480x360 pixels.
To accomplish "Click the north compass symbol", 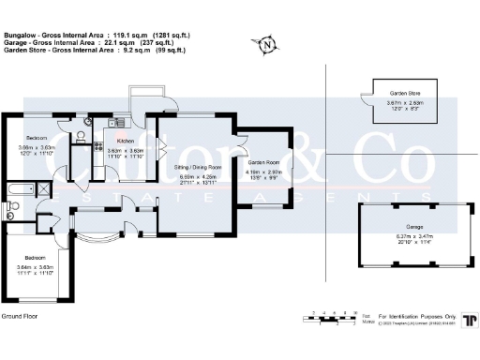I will (269, 44).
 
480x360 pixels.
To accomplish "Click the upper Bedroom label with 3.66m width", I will (37, 137).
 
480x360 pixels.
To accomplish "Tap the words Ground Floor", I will (20, 318).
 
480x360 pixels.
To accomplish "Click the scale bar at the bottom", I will (332, 315).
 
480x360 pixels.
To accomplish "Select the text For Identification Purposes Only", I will (417, 316).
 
